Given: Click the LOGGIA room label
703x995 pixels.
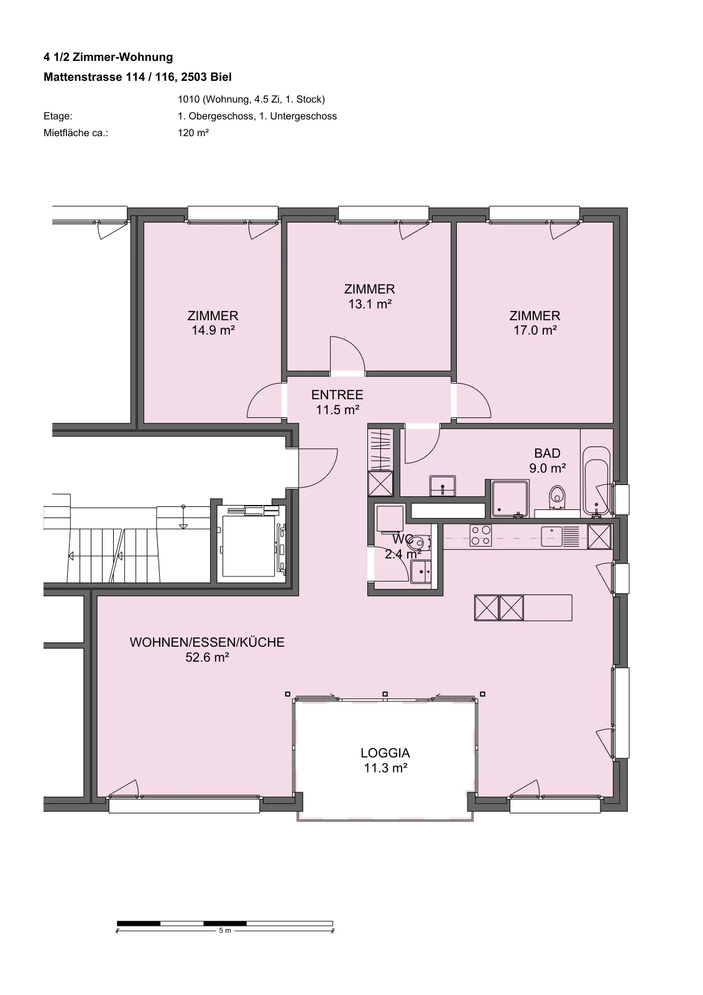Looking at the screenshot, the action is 385,753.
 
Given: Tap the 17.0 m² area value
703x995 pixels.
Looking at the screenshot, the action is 535,330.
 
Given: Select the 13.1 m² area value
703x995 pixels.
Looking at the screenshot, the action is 369,304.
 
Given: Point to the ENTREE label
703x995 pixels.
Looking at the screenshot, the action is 337,394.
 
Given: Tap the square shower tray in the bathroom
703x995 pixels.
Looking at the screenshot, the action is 510,498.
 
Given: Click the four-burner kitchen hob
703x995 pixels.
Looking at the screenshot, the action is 481,535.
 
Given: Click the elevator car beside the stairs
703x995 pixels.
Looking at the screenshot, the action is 249,545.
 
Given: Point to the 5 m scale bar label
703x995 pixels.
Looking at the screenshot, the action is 225,930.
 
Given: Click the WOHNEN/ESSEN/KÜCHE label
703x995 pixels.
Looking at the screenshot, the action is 207,642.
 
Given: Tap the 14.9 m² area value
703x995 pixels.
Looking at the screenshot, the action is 213,330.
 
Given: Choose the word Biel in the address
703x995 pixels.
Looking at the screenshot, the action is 221,77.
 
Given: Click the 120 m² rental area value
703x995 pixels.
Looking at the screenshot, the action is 193,132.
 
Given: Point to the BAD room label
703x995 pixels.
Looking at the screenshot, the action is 547,453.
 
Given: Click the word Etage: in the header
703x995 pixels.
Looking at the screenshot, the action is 58,116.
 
